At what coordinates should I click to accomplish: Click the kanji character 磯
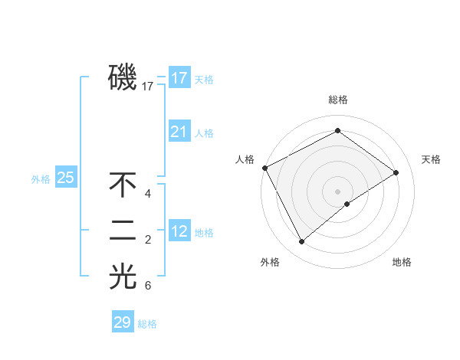click(x=123, y=77)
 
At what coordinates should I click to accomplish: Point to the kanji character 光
click(x=123, y=277)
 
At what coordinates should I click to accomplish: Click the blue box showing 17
click(x=179, y=78)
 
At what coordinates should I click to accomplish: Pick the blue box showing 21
click(x=179, y=132)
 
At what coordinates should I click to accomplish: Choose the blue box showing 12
click(x=179, y=231)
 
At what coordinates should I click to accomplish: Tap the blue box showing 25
click(x=65, y=178)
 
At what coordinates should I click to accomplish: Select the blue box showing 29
click(x=123, y=322)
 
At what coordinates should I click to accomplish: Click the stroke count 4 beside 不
click(x=148, y=194)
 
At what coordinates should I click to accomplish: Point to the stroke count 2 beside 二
click(x=148, y=241)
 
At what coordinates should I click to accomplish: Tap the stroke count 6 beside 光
click(x=148, y=286)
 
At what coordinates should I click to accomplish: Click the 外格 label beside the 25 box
click(x=41, y=179)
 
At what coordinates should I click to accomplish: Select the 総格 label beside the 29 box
click(x=147, y=324)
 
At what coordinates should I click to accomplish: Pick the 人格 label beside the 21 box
click(x=204, y=133)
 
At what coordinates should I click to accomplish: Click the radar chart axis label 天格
click(x=432, y=159)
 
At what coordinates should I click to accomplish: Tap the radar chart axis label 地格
click(x=402, y=262)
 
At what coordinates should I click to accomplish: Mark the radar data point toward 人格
click(x=264, y=168)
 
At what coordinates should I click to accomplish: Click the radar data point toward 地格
click(x=347, y=204)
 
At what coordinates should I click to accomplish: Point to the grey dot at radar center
click(x=337, y=191)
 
